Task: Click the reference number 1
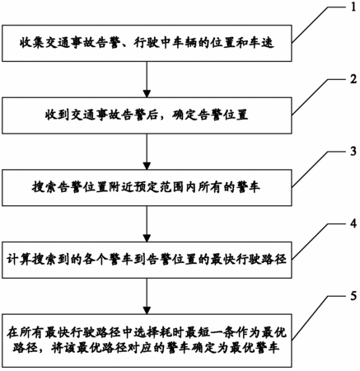(353, 6)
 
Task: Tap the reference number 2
(353, 79)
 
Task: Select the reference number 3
(353, 151)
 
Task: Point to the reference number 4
(353, 223)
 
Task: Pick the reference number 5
(353, 296)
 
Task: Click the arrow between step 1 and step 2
(147, 79)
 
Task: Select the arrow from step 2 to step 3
(147, 152)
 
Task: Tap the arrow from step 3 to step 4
(147, 223)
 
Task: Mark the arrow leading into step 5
(147, 296)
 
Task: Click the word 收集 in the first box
(31, 43)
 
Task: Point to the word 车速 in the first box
(262, 43)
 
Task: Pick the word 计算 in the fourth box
(19, 260)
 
